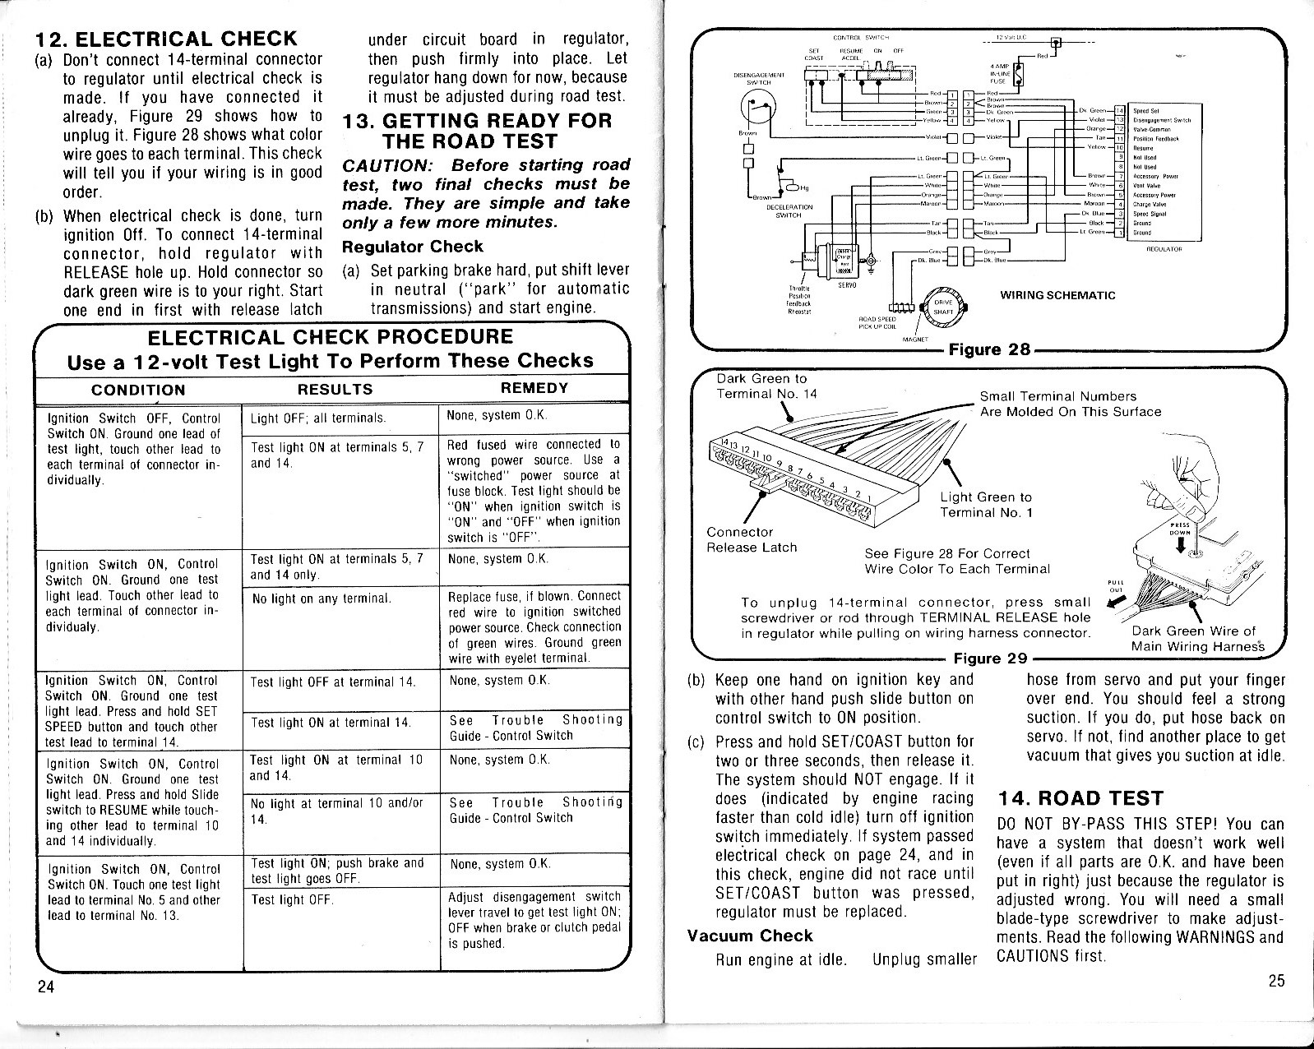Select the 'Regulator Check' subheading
[x=413, y=247]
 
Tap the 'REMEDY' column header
[x=534, y=388]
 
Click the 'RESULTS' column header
[x=335, y=390]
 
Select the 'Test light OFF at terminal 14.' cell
[x=333, y=682]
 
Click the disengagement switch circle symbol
[x=756, y=105]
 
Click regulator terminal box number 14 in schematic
[x=1118, y=109]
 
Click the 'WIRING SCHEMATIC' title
[x=1057, y=295]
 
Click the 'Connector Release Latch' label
[x=752, y=539]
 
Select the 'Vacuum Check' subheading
[x=749, y=936]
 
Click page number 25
[x=1276, y=980]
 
